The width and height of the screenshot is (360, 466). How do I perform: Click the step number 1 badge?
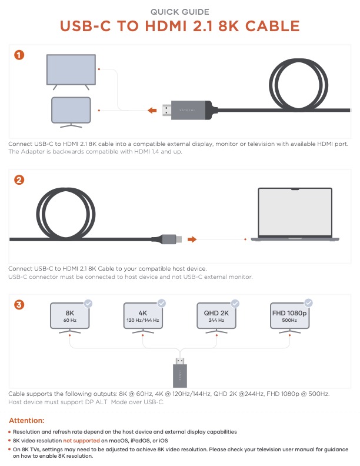[19, 55]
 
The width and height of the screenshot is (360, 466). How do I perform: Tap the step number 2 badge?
[19, 180]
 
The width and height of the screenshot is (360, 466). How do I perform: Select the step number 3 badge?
[19, 305]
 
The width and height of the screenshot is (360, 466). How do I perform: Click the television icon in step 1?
[71, 72]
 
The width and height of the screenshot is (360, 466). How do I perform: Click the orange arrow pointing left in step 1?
[152, 111]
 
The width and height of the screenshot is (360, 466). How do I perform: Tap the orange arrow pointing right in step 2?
[192, 239]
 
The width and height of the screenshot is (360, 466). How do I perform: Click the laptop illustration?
[295, 214]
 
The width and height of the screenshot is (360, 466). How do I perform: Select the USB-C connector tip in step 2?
[178, 239]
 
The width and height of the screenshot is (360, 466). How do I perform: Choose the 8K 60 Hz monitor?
[70, 318]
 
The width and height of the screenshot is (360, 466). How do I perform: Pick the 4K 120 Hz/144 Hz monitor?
[143, 318]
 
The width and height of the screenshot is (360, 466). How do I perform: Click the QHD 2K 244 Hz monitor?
[216, 318]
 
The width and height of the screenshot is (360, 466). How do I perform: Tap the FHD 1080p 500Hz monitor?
[289, 318]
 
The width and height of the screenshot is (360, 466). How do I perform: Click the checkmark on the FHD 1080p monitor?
[309, 303]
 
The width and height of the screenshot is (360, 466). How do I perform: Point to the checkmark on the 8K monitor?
[88, 304]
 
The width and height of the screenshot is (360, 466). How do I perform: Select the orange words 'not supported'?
[81, 441]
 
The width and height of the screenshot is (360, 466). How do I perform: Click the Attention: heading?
[26, 421]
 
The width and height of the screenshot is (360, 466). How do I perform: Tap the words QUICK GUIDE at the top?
[179, 12]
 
